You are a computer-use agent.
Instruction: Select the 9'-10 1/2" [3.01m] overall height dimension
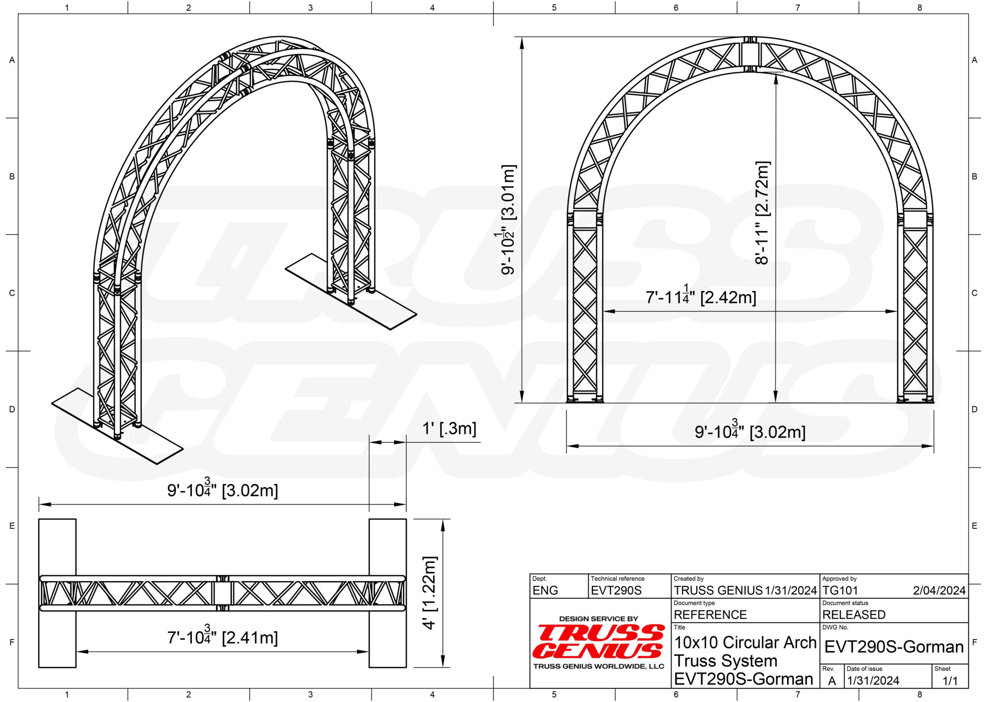508,220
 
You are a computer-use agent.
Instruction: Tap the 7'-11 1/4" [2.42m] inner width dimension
701,296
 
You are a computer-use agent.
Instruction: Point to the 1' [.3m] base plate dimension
449,429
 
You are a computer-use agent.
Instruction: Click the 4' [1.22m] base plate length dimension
430,592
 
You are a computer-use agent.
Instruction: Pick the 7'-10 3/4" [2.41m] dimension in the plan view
223,637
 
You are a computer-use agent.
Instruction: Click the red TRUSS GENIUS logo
599,641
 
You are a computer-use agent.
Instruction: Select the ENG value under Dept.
545,590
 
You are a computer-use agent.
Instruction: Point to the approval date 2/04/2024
939,590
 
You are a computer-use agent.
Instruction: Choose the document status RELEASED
854,615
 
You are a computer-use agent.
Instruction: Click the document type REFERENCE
710,615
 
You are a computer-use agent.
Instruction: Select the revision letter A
832,681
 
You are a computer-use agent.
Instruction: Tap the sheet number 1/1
950,681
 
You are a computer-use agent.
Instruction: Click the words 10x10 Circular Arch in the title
745,642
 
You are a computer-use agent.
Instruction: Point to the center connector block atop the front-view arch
750,55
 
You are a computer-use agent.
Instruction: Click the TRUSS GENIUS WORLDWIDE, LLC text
598,667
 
